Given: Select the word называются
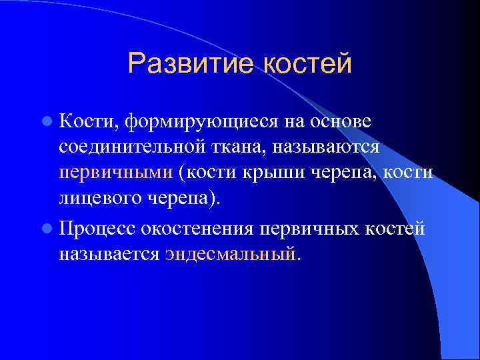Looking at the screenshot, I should [x=323, y=147].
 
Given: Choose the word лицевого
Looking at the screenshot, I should [x=99, y=198].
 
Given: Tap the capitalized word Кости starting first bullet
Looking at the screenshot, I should [x=79, y=121].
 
